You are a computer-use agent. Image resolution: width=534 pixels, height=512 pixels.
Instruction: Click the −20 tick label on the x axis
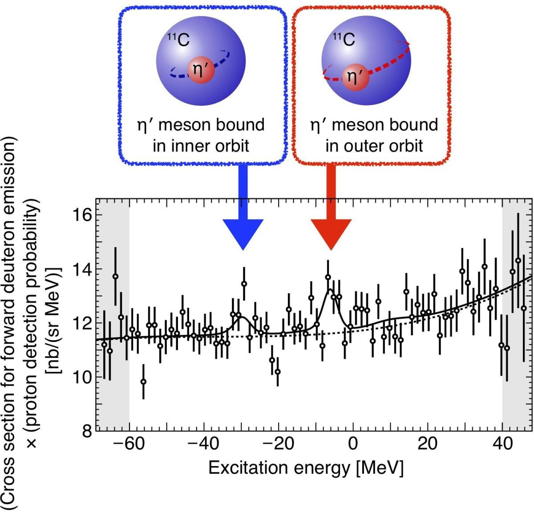pyautogui.click(x=279, y=444)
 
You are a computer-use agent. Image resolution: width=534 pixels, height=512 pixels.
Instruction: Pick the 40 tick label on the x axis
pyautogui.click(x=503, y=444)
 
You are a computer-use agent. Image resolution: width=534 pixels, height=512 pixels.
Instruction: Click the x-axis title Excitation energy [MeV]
pyautogui.click(x=306, y=467)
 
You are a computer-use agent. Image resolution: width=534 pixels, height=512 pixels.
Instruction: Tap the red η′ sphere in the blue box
pyautogui.click(x=201, y=70)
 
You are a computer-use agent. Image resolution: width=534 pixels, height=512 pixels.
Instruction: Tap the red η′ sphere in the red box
pyautogui.click(x=356, y=77)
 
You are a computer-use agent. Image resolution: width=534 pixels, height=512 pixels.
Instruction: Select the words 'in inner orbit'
pyautogui.click(x=201, y=146)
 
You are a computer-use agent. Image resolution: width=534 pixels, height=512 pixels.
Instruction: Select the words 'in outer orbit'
pyautogui.click(x=374, y=146)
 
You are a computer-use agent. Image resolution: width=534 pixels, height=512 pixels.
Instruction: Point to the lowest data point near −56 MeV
pyautogui.click(x=143, y=382)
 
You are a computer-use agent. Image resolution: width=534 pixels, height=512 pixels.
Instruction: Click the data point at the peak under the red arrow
pyautogui.click(x=328, y=277)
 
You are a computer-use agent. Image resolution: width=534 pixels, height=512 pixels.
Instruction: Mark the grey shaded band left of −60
pyautogui.click(x=113, y=312)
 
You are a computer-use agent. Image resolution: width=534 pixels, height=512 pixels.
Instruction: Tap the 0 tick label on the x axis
pyautogui.click(x=353, y=444)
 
